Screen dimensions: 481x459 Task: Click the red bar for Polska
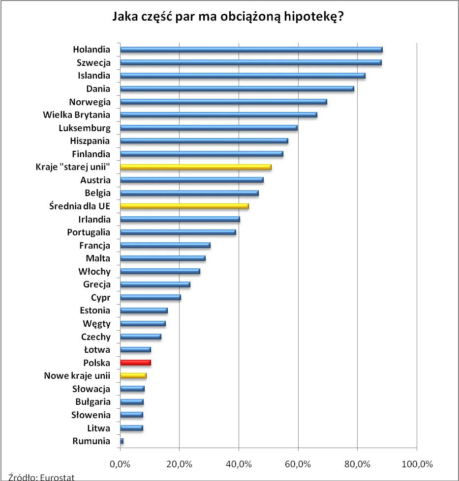click(x=135, y=363)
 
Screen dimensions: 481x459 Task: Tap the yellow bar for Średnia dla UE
click(x=184, y=206)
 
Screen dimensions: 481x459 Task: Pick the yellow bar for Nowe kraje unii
click(x=133, y=376)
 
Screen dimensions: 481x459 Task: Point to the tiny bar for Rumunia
click(x=122, y=441)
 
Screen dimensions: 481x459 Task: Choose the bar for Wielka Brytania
click(x=218, y=115)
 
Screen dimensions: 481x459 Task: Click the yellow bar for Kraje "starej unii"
click(x=195, y=167)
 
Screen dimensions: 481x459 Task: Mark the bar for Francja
click(x=165, y=245)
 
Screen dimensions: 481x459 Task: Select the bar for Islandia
click(x=243, y=76)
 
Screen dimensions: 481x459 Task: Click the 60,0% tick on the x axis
click(x=298, y=464)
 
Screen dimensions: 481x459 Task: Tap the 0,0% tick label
click(x=120, y=464)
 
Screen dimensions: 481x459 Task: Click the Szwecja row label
click(x=93, y=63)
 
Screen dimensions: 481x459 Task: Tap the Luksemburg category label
click(x=84, y=128)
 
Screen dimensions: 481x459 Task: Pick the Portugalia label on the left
click(x=89, y=232)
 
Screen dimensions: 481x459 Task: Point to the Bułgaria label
click(x=92, y=402)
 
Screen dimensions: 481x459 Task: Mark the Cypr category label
click(x=100, y=298)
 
